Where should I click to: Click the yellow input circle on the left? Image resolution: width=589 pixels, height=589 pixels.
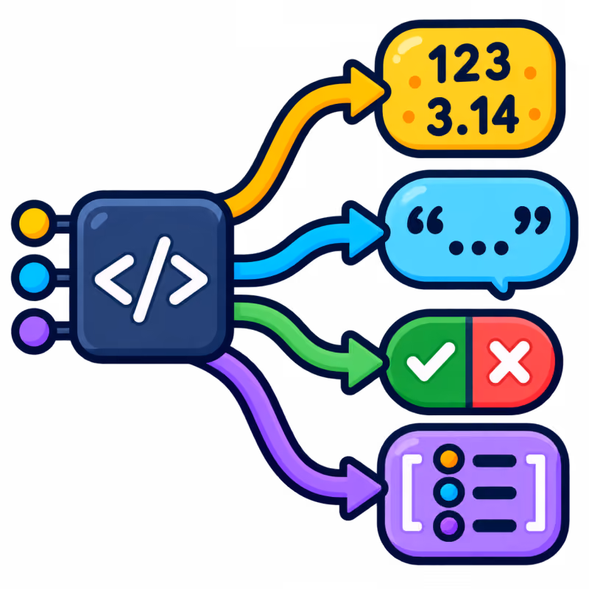click(x=34, y=223)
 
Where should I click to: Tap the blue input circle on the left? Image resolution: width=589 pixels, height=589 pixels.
click(x=34, y=278)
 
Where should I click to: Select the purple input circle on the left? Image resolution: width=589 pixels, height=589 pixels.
click(x=34, y=331)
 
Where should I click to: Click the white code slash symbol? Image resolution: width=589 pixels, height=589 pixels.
click(x=152, y=279)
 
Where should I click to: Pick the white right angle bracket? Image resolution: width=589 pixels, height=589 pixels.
click(x=188, y=280)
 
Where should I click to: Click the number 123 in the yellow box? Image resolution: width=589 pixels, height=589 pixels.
click(x=469, y=63)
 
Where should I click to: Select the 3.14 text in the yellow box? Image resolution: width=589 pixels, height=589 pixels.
click(x=473, y=115)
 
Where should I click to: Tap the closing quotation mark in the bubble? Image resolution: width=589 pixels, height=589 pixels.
click(x=533, y=220)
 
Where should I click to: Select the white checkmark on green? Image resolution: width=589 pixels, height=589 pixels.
click(x=431, y=361)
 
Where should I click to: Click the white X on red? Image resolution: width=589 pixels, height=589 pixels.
click(x=509, y=362)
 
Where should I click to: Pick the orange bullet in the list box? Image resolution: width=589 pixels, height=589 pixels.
click(x=449, y=459)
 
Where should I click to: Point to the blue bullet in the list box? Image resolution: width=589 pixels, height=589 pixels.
click(x=449, y=492)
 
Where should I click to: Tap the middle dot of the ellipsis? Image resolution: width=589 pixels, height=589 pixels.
click(x=479, y=247)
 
